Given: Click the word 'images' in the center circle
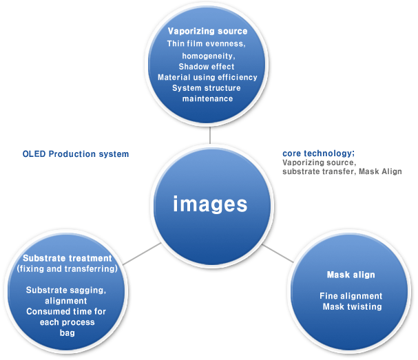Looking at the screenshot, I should tap(209, 204).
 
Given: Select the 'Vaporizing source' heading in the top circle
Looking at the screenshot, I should tap(208, 31).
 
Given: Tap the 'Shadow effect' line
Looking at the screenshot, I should tap(207, 66).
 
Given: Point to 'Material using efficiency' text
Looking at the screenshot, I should tap(207, 77).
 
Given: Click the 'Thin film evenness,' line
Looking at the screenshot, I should tap(207, 43).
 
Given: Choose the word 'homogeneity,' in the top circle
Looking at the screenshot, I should tap(207, 54).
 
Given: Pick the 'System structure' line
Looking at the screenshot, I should tap(207, 88).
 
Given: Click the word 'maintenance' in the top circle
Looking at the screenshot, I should tap(207, 99).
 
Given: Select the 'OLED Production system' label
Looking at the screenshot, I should tap(76, 154).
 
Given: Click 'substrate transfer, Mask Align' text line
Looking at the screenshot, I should tap(342, 171).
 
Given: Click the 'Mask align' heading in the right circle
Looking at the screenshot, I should tap(351, 275).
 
